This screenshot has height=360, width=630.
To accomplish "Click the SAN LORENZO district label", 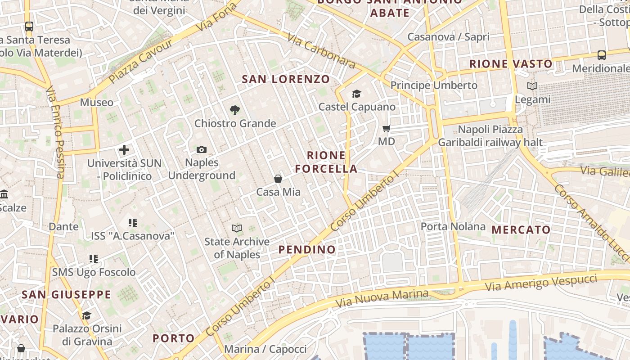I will pos(286,79).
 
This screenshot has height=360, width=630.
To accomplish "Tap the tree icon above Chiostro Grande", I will pos(234,110).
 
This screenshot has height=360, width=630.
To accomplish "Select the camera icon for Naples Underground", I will pos(202,149).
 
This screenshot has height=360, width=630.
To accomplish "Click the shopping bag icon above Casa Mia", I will pos(278,179).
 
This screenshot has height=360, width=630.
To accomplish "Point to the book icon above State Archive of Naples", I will pos(237,228).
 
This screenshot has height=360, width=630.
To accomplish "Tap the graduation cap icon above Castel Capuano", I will pos(357,94).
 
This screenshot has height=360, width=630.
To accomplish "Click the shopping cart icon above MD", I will pos(386,129).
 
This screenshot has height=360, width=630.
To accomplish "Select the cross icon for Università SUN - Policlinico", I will pos(124,150).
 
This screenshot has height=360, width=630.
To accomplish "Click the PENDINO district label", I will pos(307,250).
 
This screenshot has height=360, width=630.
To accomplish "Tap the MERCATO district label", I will pos(521,230).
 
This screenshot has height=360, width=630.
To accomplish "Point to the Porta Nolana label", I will pos(453,226).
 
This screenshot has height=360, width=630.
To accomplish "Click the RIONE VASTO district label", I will pos(511,64).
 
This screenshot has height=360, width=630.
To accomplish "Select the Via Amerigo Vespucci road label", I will pos(541,283).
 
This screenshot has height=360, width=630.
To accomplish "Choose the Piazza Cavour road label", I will pos(140,62).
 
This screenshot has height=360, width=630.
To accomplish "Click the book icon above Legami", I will pos(532,86).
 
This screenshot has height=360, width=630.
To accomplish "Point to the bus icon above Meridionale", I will pos(602,55).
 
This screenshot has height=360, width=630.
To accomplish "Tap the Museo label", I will pos(97,103).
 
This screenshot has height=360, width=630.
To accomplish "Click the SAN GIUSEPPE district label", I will pos(67,295).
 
